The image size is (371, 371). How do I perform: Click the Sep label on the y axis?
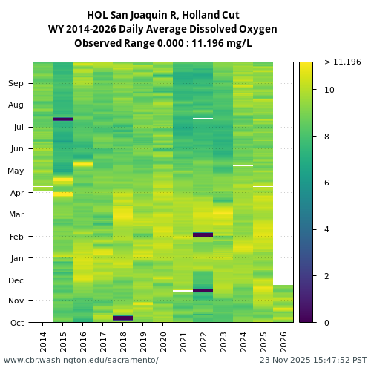point(16,84)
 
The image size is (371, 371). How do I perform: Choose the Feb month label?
point(16,237)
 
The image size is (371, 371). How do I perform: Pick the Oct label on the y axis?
point(16,323)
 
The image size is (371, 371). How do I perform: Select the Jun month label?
point(16,149)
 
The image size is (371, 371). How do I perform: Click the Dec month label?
point(16,280)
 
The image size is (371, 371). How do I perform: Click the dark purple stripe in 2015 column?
point(62,119)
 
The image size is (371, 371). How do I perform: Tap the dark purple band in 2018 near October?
point(123,318)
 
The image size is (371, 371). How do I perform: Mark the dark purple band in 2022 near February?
point(203,234)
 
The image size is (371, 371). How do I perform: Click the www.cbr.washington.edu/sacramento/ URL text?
point(81,360)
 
